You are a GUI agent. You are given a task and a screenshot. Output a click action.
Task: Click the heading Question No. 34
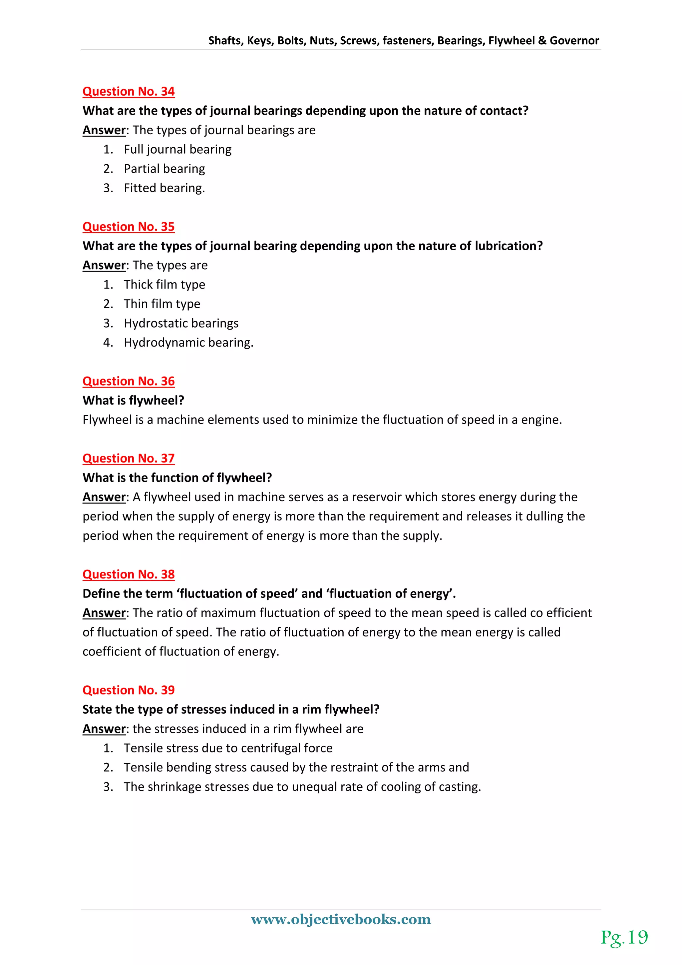click(129, 92)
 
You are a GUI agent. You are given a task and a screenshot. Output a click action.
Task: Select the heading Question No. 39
click(129, 690)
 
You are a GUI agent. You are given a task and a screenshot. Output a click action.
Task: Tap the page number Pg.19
click(624, 937)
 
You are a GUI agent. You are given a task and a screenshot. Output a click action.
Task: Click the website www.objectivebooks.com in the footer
click(341, 919)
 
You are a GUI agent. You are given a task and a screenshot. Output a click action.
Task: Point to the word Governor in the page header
click(574, 41)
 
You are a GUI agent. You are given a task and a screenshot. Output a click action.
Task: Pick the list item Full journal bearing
click(177, 150)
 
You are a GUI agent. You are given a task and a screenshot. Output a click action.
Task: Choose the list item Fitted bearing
click(164, 188)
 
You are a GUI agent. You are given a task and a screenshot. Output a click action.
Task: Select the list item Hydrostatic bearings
click(181, 323)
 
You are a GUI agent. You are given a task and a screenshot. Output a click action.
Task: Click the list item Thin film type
click(162, 304)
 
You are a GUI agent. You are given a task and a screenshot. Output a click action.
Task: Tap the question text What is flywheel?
click(134, 401)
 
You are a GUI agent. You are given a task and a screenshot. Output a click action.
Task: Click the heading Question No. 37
click(129, 458)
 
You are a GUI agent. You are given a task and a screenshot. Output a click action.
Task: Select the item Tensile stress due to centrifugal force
click(228, 748)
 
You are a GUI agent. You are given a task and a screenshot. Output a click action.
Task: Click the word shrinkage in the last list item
click(174, 787)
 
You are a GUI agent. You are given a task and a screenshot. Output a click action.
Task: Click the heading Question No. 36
click(129, 381)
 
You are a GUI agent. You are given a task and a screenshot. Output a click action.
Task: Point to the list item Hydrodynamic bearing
click(188, 343)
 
